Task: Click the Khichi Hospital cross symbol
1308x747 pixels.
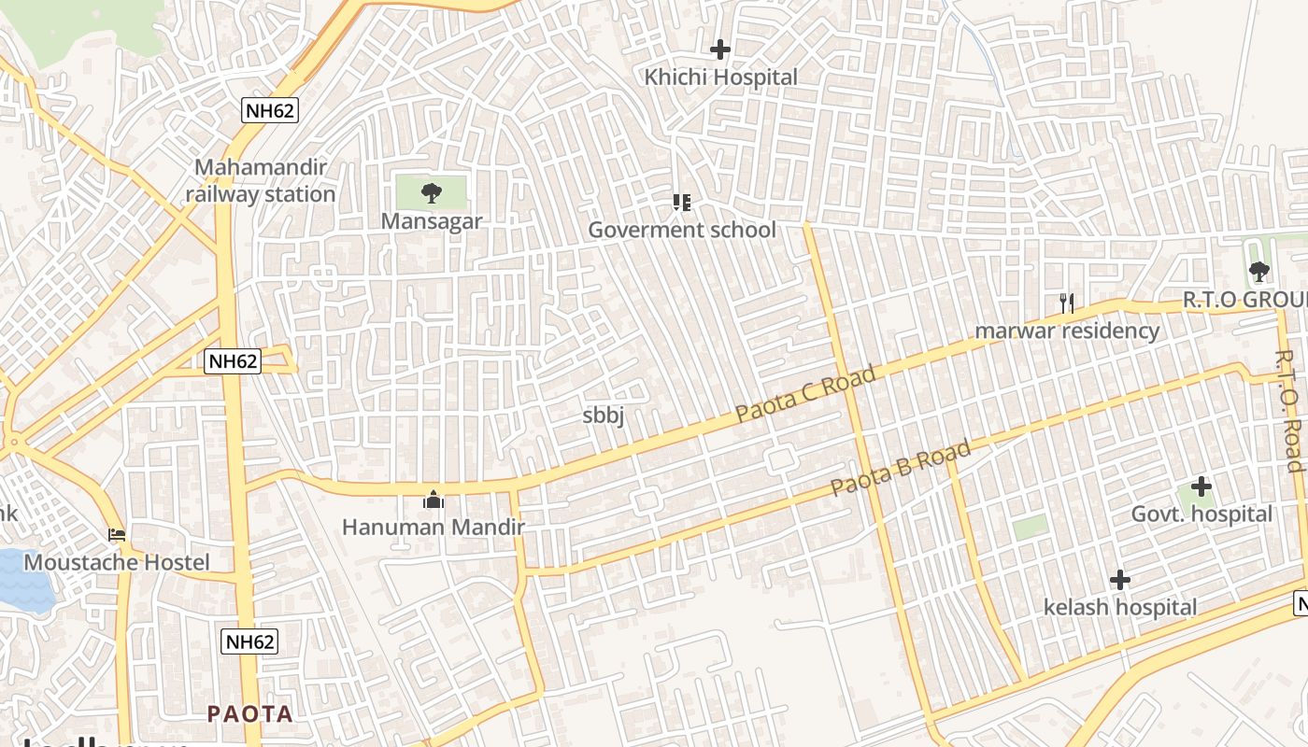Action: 719,49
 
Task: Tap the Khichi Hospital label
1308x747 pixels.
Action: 720,78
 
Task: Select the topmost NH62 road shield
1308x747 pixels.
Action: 269,111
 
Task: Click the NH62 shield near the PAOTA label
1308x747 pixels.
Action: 250,641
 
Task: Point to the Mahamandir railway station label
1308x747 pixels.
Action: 260,181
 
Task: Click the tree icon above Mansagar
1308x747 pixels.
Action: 431,193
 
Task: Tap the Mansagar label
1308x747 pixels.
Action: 432,221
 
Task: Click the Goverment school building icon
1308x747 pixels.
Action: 682,202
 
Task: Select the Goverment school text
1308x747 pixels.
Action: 682,230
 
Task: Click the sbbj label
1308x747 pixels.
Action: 603,416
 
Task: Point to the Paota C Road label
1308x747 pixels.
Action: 805,393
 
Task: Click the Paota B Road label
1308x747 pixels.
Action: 901,469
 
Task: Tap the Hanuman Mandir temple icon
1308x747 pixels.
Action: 433,500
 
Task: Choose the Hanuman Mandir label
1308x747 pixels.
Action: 434,528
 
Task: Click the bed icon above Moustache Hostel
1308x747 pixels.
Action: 117,535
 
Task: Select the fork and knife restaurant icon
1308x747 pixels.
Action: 1067,303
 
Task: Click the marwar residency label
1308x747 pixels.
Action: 1067,331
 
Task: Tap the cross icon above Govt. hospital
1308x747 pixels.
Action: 1201,486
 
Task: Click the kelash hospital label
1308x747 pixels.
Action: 1119,608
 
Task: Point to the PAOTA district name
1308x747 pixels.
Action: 249,714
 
